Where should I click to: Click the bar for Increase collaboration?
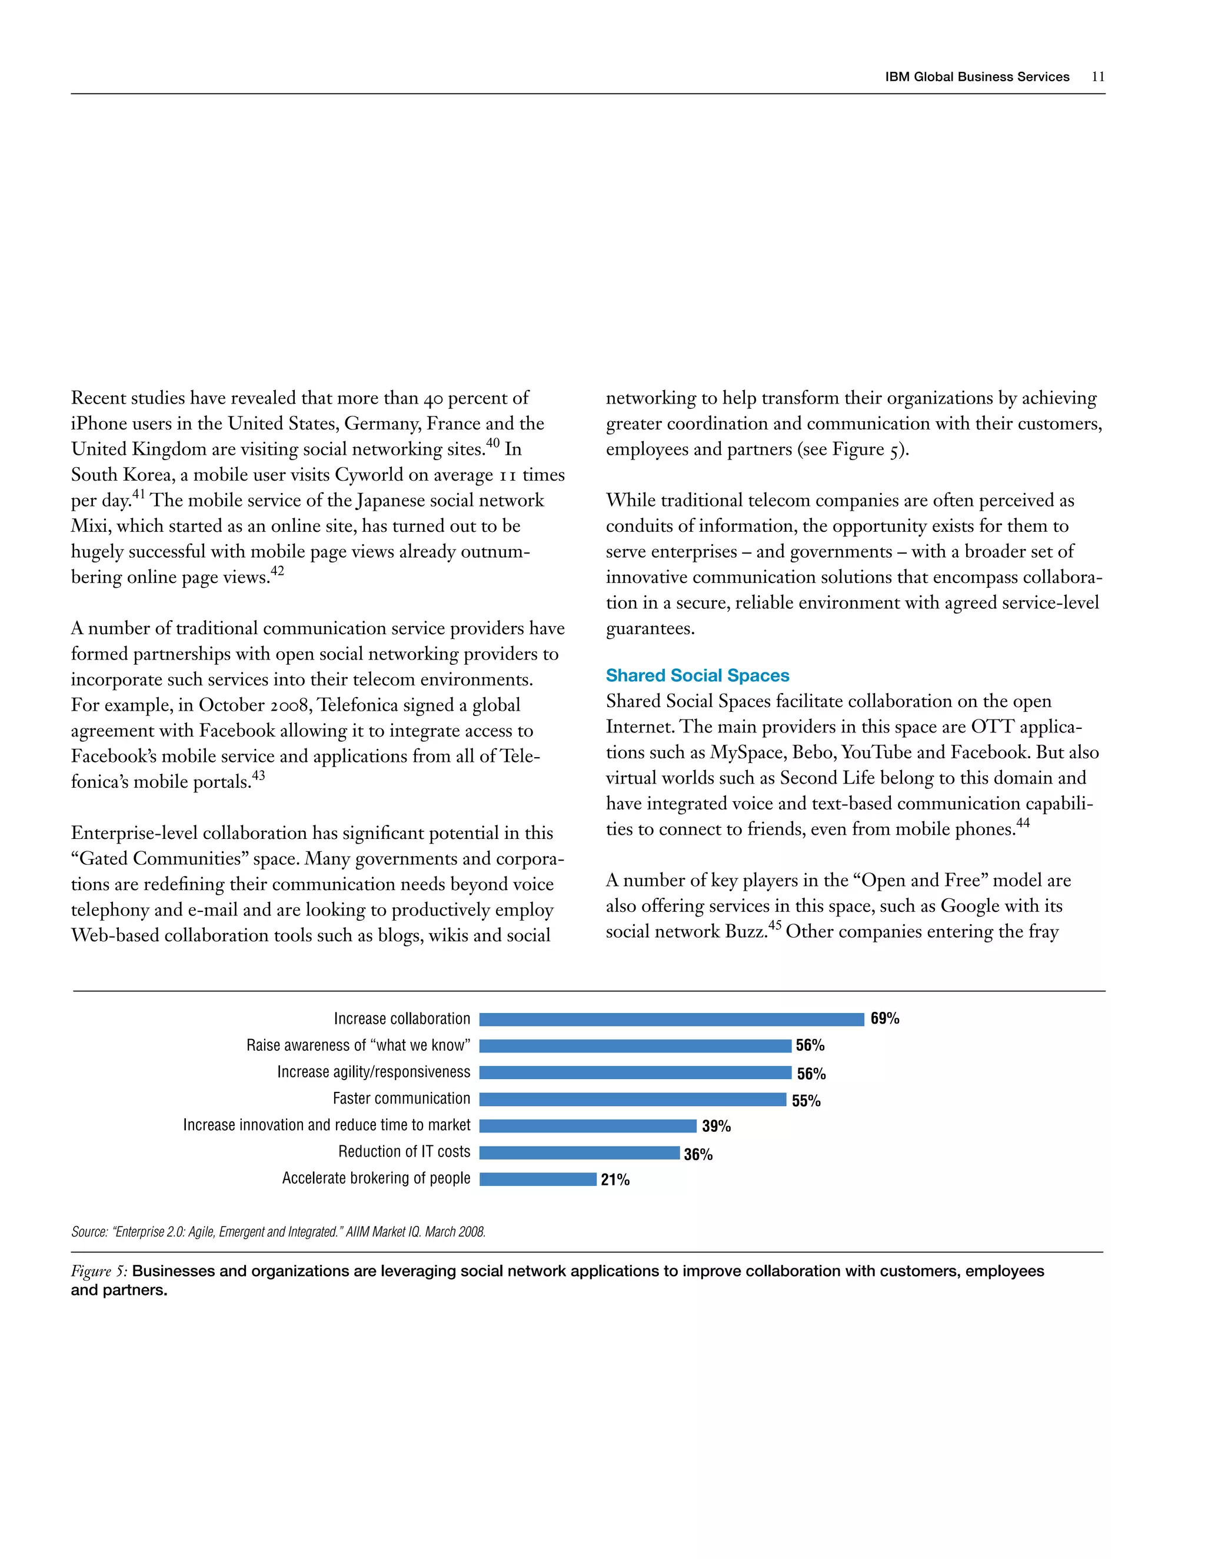point(671,1020)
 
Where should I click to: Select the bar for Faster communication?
point(633,1100)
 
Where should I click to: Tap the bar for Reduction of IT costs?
point(579,1153)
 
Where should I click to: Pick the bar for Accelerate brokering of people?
point(538,1179)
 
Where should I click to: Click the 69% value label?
point(884,1018)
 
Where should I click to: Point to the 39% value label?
point(716,1127)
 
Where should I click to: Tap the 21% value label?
point(615,1180)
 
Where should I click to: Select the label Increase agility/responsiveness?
point(374,1072)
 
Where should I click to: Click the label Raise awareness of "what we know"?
point(358,1046)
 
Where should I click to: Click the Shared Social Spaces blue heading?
point(697,675)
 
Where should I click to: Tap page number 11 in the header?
point(1098,77)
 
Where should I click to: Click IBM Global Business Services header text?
point(977,77)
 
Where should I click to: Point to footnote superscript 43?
point(258,775)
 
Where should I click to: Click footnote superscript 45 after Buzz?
point(774,925)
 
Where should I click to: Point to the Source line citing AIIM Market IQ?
point(278,1232)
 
